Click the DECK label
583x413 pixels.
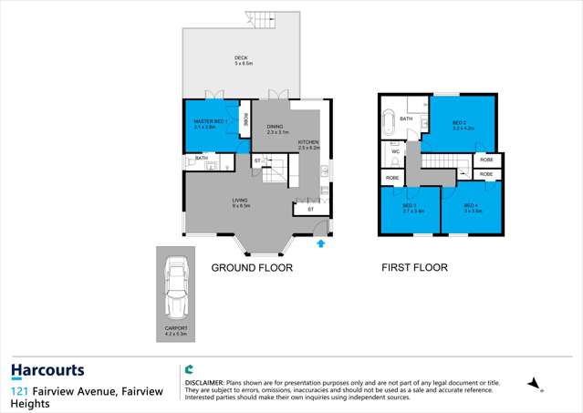coord(241,61)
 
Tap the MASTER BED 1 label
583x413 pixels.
coord(210,124)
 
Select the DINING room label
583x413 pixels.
coord(276,129)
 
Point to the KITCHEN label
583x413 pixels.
coord(307,144)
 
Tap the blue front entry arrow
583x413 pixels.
coord(320,243)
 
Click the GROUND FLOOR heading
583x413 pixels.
coord(252,268)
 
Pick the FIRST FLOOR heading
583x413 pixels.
coord(415,268)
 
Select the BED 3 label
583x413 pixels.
coord(409,207)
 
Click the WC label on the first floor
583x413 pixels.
coord(396,151)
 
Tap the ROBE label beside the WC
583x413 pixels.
coord(391,178)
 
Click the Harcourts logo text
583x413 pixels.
coord(47,371)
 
